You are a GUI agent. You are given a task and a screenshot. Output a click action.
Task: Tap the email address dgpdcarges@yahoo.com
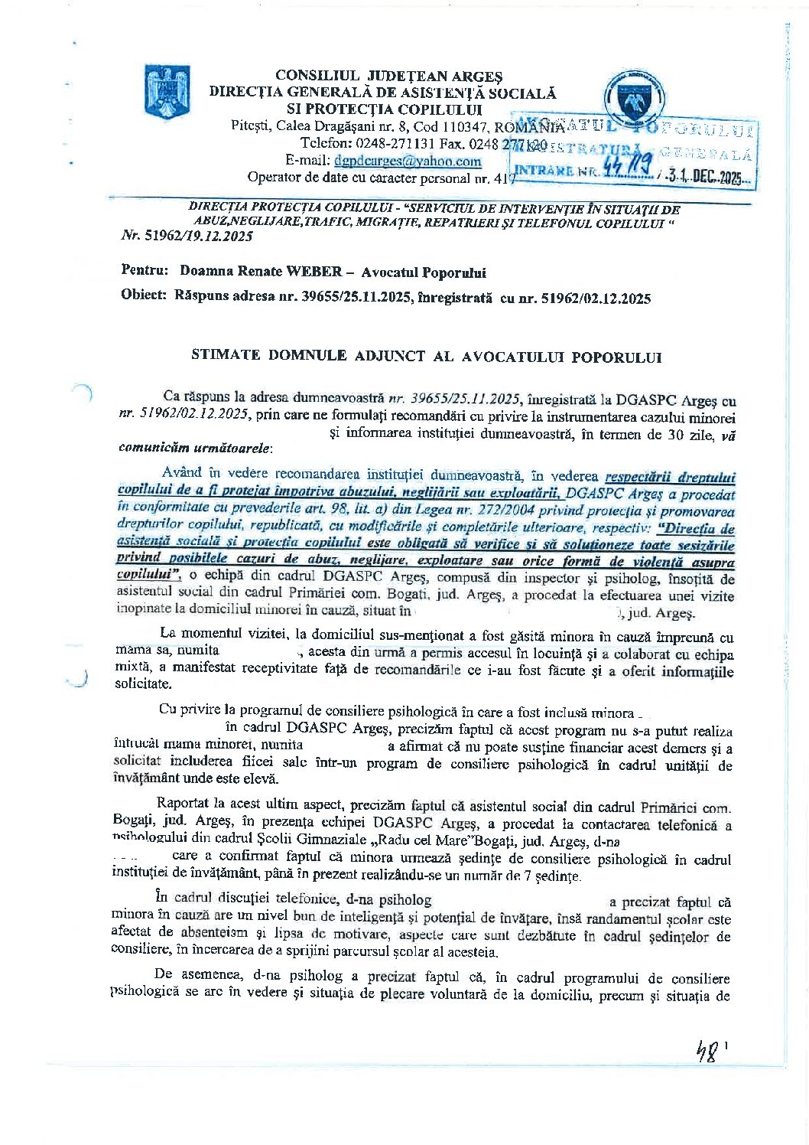pyautogui.click(x=408, y=161)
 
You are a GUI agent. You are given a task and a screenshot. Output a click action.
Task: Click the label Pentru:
pyautogui.click(x=145, y=272)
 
